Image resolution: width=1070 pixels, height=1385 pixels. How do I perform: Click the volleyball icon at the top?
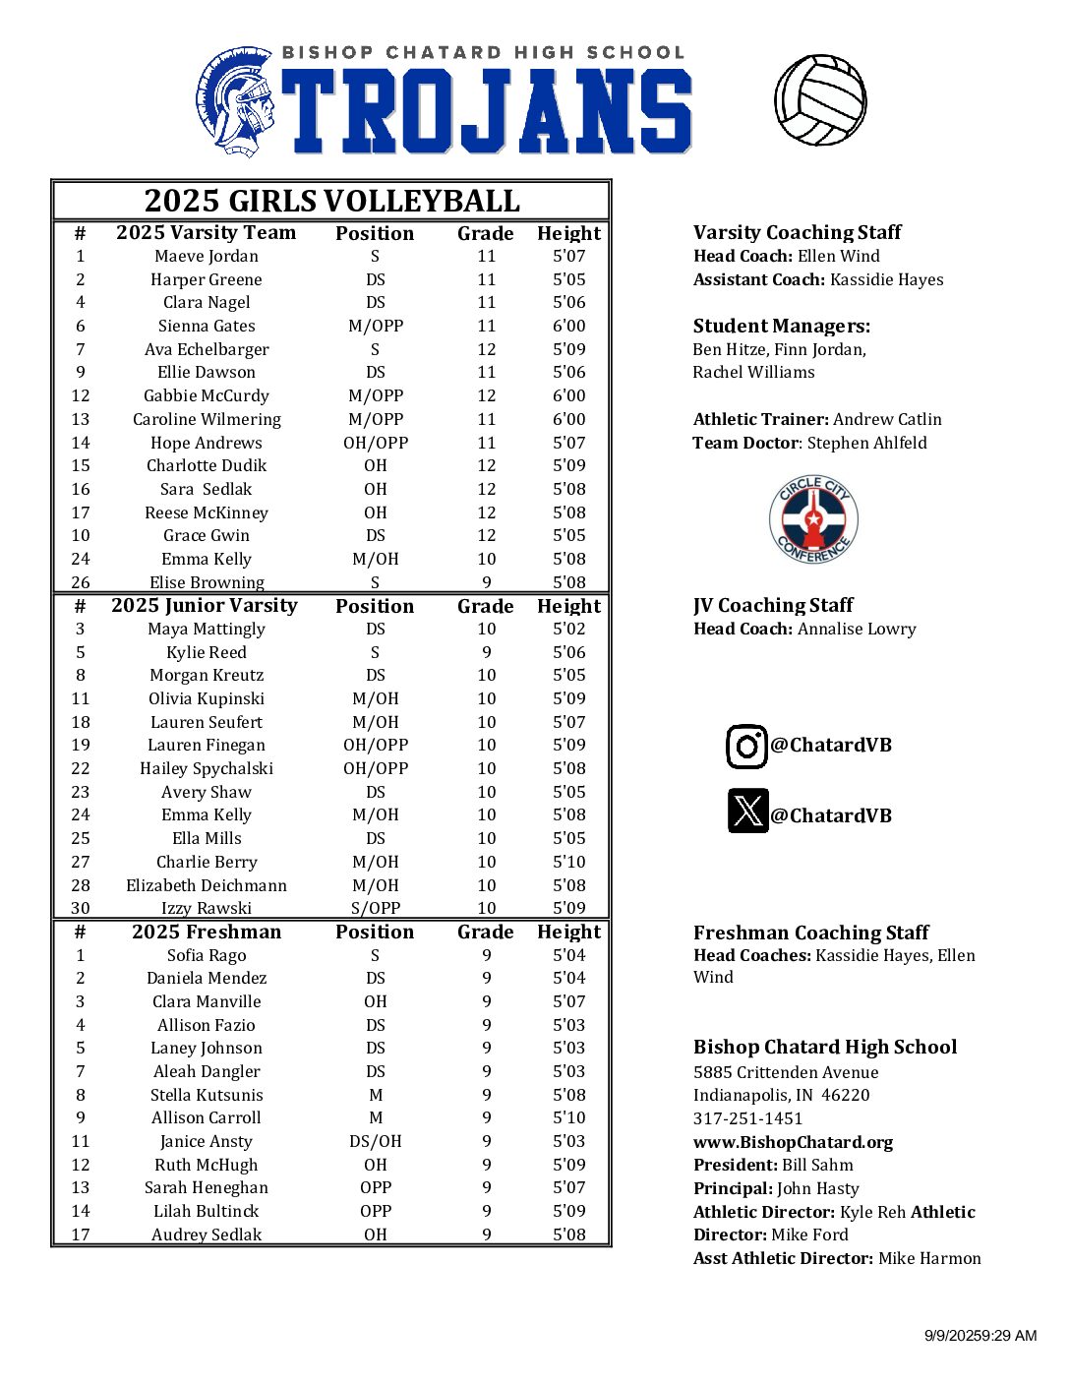[x=820, y=100]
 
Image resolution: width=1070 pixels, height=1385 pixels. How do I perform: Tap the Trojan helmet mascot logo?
[x=235, y=102]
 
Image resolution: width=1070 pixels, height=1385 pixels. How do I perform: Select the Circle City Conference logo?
[x=813, y=519]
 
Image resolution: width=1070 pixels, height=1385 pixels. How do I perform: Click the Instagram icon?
[x=746, y=747]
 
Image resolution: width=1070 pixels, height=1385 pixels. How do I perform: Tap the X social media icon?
[x=747, y=812]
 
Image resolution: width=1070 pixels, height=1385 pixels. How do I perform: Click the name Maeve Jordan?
[x=207, y=257]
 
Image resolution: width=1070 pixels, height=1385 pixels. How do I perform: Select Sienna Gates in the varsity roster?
[x=207, y=327]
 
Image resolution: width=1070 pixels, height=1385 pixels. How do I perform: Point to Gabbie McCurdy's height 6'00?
[x=568, y=396]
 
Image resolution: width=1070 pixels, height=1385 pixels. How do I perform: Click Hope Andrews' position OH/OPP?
[x=375, y=444]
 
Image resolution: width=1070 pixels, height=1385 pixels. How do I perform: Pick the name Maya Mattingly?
[x=207, y=630]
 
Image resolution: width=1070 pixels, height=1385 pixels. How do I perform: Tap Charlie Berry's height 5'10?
[x=568, y=863]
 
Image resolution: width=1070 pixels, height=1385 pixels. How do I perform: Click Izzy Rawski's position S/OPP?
[x=375, y=909]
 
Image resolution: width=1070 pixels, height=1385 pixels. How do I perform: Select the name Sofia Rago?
[x=207, y=956]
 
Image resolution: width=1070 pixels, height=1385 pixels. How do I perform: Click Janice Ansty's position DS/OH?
[x=375, y=1142]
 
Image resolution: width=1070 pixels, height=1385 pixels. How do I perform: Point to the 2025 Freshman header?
[x=207, y=933]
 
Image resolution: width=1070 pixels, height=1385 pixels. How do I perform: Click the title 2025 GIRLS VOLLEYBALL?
[x=331, y=201]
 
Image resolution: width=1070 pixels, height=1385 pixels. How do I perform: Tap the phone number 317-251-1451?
[x=747, y=1119]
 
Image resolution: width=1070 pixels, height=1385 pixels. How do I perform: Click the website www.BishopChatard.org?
[x=793, y=1143]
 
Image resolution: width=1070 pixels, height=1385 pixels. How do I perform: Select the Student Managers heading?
[x=781, y=327]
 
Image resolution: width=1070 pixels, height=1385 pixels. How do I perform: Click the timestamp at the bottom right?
[x=980, y=1336]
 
